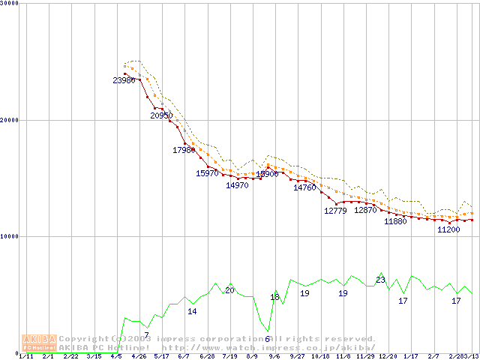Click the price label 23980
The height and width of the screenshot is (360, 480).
pos(124,80)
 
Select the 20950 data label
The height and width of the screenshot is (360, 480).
pos(161,115)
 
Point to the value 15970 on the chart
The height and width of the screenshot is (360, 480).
pos(207,173)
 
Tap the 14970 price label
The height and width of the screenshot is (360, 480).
pos(237,185)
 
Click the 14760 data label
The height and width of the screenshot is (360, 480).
pos(304,187)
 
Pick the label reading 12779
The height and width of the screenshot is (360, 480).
pos(335,211)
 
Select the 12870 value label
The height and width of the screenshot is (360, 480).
pos(365,211)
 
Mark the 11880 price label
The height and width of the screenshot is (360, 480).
pos(395,222)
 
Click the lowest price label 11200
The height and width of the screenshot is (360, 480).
pos(448,229)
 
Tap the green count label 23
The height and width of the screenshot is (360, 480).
pos(380,280)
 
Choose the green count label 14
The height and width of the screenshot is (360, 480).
pos(192,311)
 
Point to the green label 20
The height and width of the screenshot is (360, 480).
pos(229,290)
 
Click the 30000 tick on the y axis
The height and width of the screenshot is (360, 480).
pos(10,4)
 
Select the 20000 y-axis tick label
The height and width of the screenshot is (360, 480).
pos(10,120)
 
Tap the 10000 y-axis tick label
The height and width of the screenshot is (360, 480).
pos(10,236)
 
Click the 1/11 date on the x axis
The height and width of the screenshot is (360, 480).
pos(25,356)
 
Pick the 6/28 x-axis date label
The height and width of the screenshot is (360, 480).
pos(207,356)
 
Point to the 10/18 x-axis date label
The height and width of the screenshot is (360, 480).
pos(320,356)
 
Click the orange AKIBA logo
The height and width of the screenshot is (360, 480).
pos(40,343)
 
